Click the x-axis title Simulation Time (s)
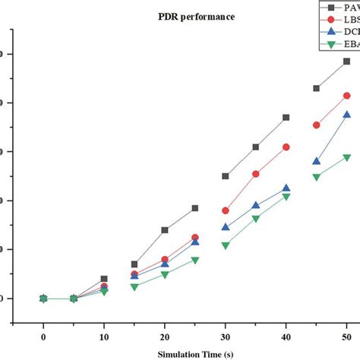click(195, 354)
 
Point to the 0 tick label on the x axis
click(43, 335)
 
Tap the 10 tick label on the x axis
click(104, 335)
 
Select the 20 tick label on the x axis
click(165, 335)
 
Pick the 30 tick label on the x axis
click(226, 335)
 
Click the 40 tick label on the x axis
click(286, 335)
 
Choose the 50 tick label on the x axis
click(346, 335)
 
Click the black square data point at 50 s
click(346, 61)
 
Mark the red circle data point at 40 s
click(286, 147)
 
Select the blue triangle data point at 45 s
click(316, 161)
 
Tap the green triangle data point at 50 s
click(346, 157)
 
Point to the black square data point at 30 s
click(226, 176)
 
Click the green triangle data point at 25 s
click(195, 260)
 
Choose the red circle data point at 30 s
click(226, 210)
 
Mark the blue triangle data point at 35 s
click(256, 205)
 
